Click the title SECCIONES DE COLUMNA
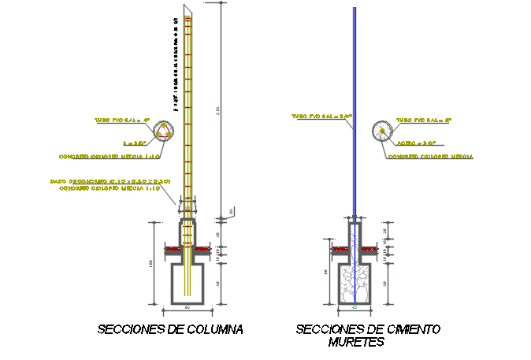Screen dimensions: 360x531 [x=170, y=329]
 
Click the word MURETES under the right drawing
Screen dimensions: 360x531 [x=356, y=343]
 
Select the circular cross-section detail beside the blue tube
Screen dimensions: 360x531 [x=382, y=131]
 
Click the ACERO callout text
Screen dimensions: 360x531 [x=417, y=143]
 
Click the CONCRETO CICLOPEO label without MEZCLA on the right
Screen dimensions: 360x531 [x=430, y=157]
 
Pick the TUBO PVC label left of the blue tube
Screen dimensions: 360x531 [x=321, y=116]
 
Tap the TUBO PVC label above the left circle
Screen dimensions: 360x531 [x=122, y=121]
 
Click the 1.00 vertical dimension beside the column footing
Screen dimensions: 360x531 [x=150, y=263]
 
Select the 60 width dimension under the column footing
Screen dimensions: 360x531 [x=188, y=307]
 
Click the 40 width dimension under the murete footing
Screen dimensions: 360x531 [x=355, y=307]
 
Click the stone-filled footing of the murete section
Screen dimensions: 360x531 [x=355, y=282]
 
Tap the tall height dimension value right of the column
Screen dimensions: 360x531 [x=218, y=110]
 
